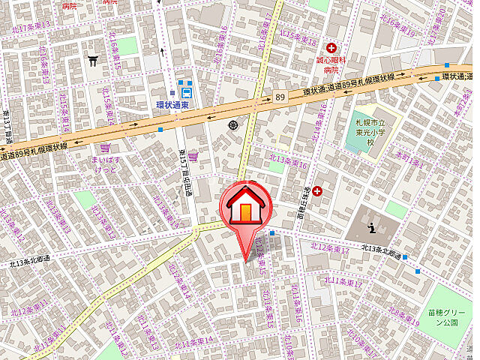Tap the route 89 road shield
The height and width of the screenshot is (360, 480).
click(x=280, y=97)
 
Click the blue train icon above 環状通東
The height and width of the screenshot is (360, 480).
click(x=184, y=91)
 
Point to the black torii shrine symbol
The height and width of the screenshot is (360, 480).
click(x=94, y=60)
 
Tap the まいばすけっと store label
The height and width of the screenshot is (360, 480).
click(x=103, y=165)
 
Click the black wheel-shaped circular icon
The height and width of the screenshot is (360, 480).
click(x=233, y=124)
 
